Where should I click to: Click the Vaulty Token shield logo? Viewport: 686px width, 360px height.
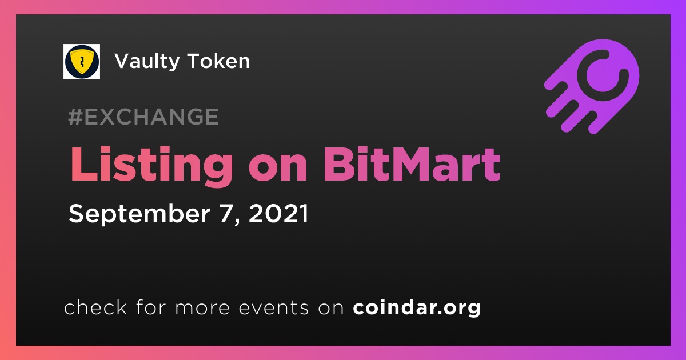(82, 62)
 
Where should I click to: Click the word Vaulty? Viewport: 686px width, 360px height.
(147, 62)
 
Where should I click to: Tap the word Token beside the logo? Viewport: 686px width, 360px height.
(218, 61)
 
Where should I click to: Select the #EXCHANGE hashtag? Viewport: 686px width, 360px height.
(143, 117)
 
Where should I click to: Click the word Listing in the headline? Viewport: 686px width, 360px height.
(151, 166)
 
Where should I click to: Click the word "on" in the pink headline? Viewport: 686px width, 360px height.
(278, 169)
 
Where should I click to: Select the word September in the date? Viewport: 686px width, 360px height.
(139, 214)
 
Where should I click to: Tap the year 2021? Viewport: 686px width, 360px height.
(278, 213)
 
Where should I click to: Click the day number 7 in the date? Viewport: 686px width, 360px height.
(226, 213)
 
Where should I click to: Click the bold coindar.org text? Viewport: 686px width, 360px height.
(417, 308)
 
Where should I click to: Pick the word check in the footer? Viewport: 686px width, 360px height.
(95, 307)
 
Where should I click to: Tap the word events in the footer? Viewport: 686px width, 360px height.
(273, 308)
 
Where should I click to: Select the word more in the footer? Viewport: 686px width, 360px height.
(202, 308)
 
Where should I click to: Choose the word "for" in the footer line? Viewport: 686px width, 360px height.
(151, 307)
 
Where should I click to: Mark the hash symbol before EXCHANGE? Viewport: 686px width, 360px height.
(75, 117)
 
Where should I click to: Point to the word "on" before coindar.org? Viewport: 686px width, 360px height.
(331, 308)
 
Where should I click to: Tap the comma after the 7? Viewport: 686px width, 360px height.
(237, 221)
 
